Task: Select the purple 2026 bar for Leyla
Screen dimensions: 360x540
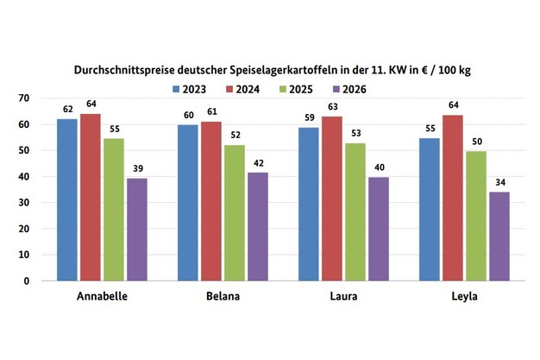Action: (498, 237)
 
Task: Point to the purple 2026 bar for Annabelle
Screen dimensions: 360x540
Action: (137, 230)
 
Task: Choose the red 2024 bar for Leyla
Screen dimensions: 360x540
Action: (451, 198)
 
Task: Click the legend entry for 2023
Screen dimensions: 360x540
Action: (190, 88)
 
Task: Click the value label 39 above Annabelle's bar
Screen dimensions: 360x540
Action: (138, 170)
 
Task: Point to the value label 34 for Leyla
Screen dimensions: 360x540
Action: (499, 183)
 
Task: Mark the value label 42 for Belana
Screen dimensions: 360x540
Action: (257, 164)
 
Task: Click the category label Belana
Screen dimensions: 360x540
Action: (223, 298)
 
